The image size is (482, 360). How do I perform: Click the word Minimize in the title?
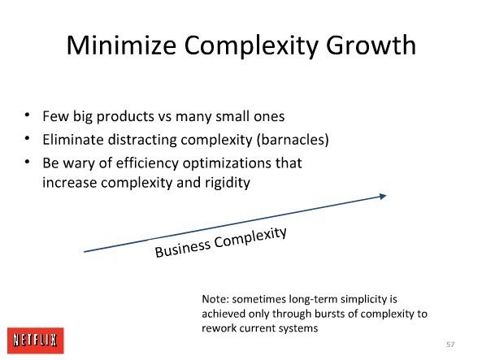pyautogui.click(x=121, y=46)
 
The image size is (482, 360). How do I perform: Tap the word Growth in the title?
pyautogui.click(x=371, y=46)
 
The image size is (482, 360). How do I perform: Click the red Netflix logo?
pyautogui.click(x=36, y=340)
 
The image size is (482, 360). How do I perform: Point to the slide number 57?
pyautogui.click(x=450, y=345)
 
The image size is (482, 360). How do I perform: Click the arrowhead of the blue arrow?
pyautogui.click(x=383, y=196)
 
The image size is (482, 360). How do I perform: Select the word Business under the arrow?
pyautogui.click(x=183, y=248)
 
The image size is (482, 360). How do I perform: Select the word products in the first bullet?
pyautogui.click(x=125, y=117)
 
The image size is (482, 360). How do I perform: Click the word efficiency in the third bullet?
pyautogui.click(x=147, y=163)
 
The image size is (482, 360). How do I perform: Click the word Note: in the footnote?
pyautogui.click(x=215, y=299)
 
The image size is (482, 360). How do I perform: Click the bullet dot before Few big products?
pyautogui.click(x=28, y=115)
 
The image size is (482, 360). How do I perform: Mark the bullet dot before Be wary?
pyautogui.click(x=28, y=162)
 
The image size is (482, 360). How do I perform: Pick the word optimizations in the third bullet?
pyautogui.click(x=227, y=163)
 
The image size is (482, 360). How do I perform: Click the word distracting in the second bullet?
pyautogui.click(x=142, y=141)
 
